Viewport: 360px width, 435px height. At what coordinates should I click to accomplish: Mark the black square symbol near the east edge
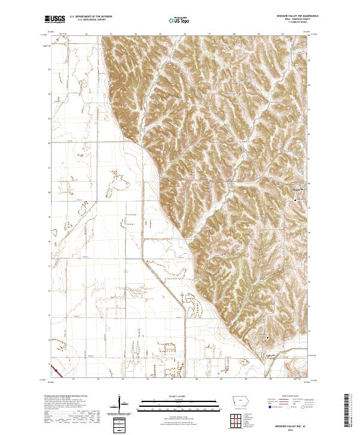tap(295, 199)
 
